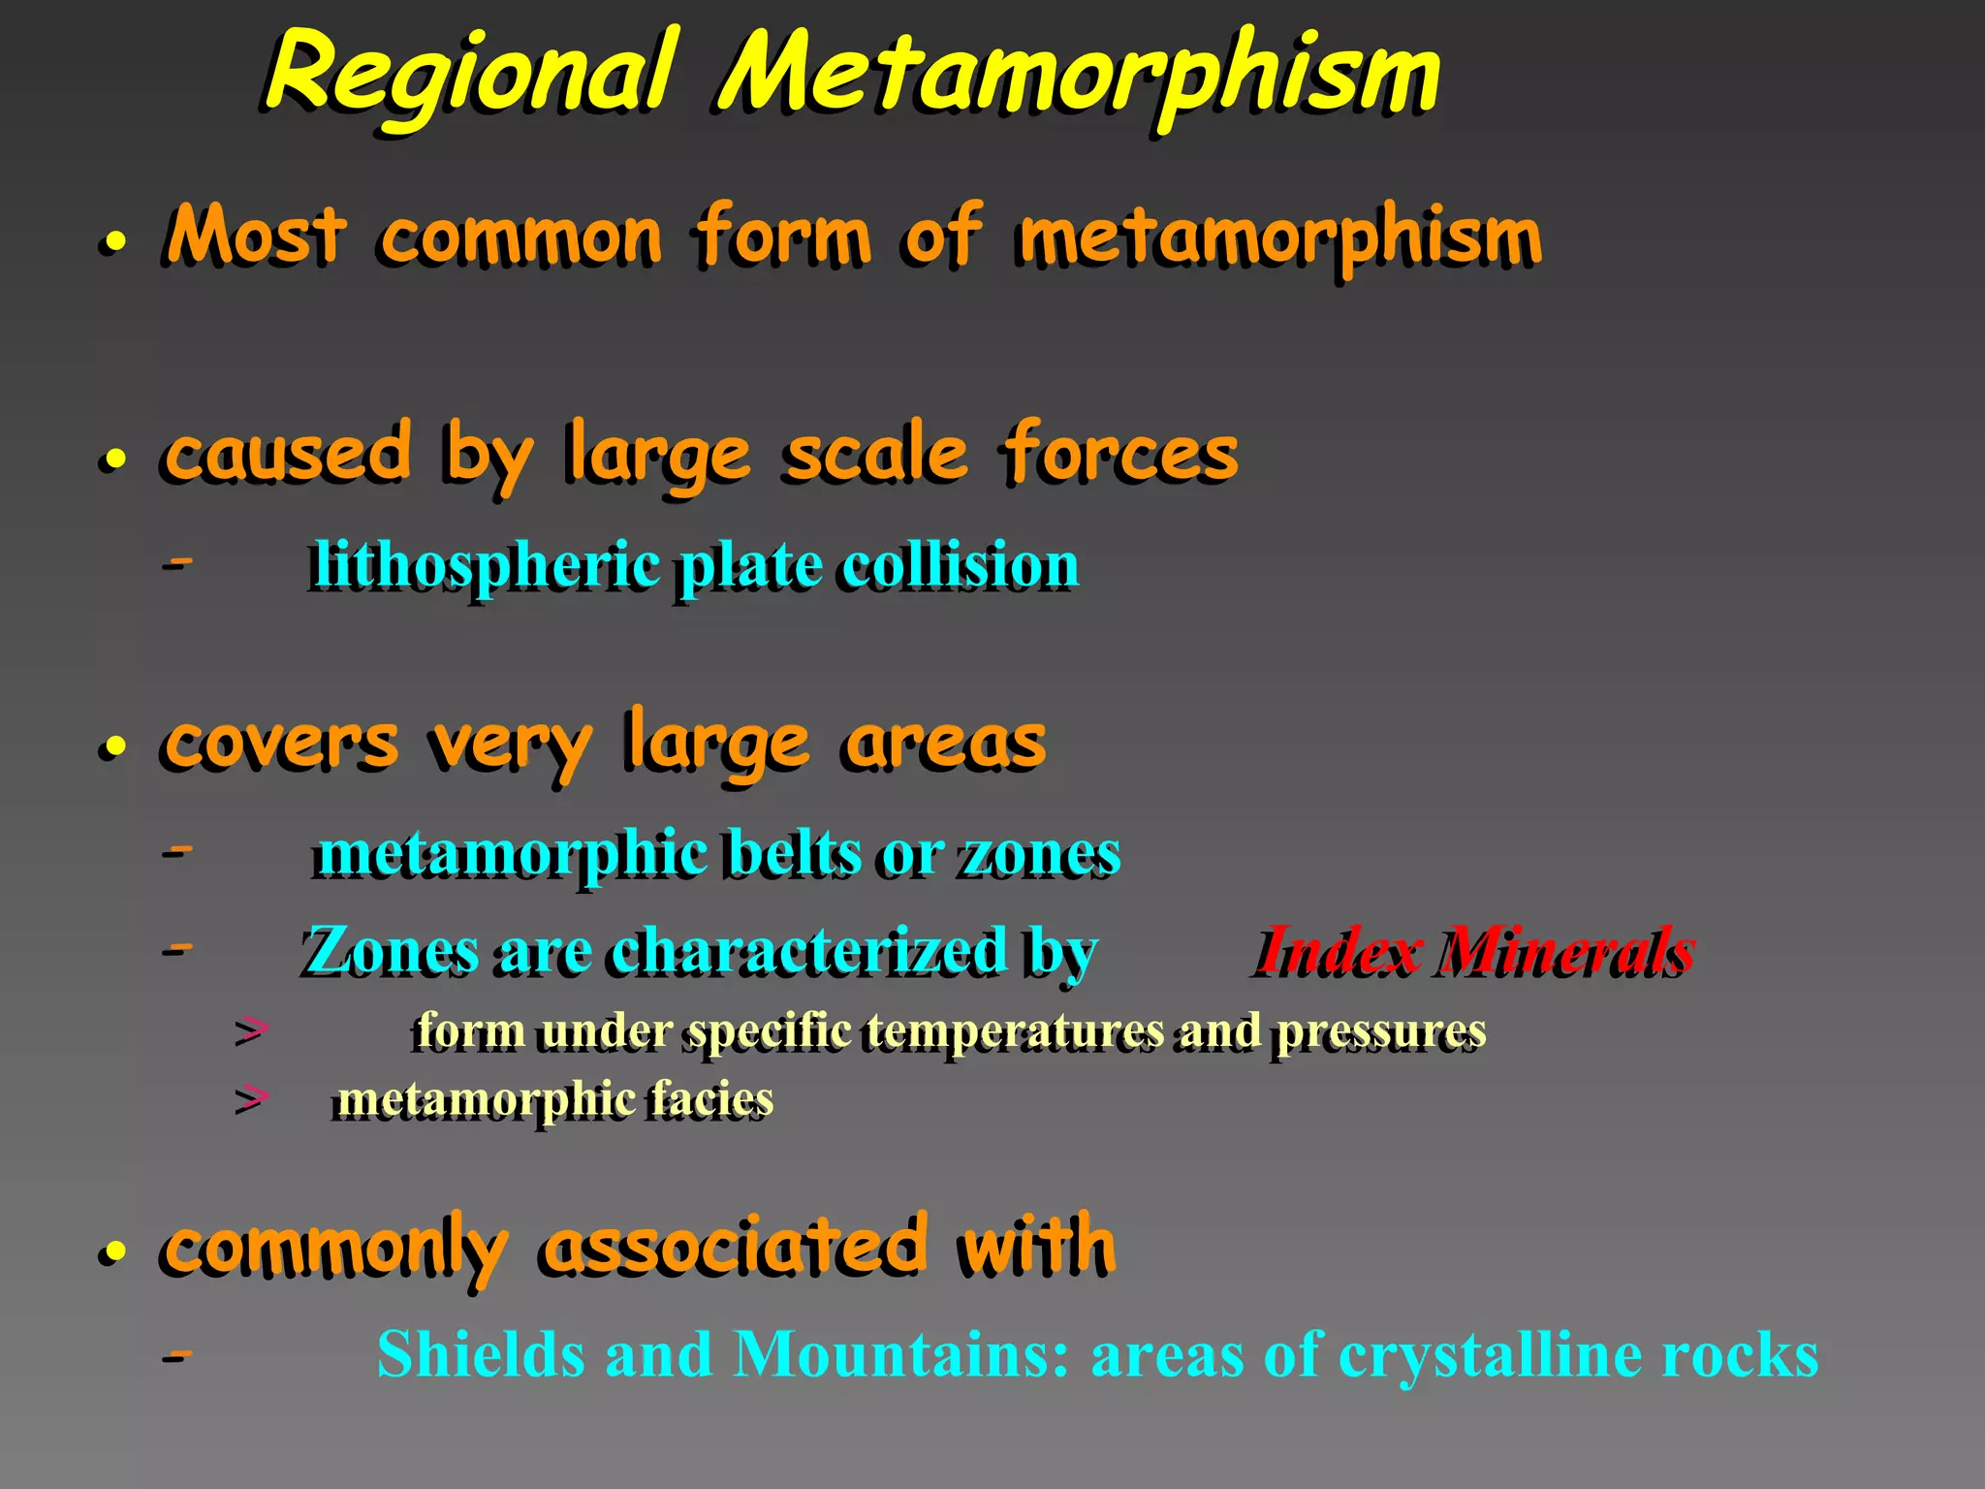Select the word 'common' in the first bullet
(x=520, y=238)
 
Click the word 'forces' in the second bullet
(x=1120, y=454)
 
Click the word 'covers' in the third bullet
(x=280, y=744)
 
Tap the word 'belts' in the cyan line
(x=793, y=854)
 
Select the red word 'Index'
(x=1338, y=949)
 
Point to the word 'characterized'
(x=808, y=949)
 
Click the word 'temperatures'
(x=1015, y=1030)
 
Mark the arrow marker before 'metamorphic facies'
(x=251, y=1099)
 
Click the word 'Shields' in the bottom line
(x=481, y=1354)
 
